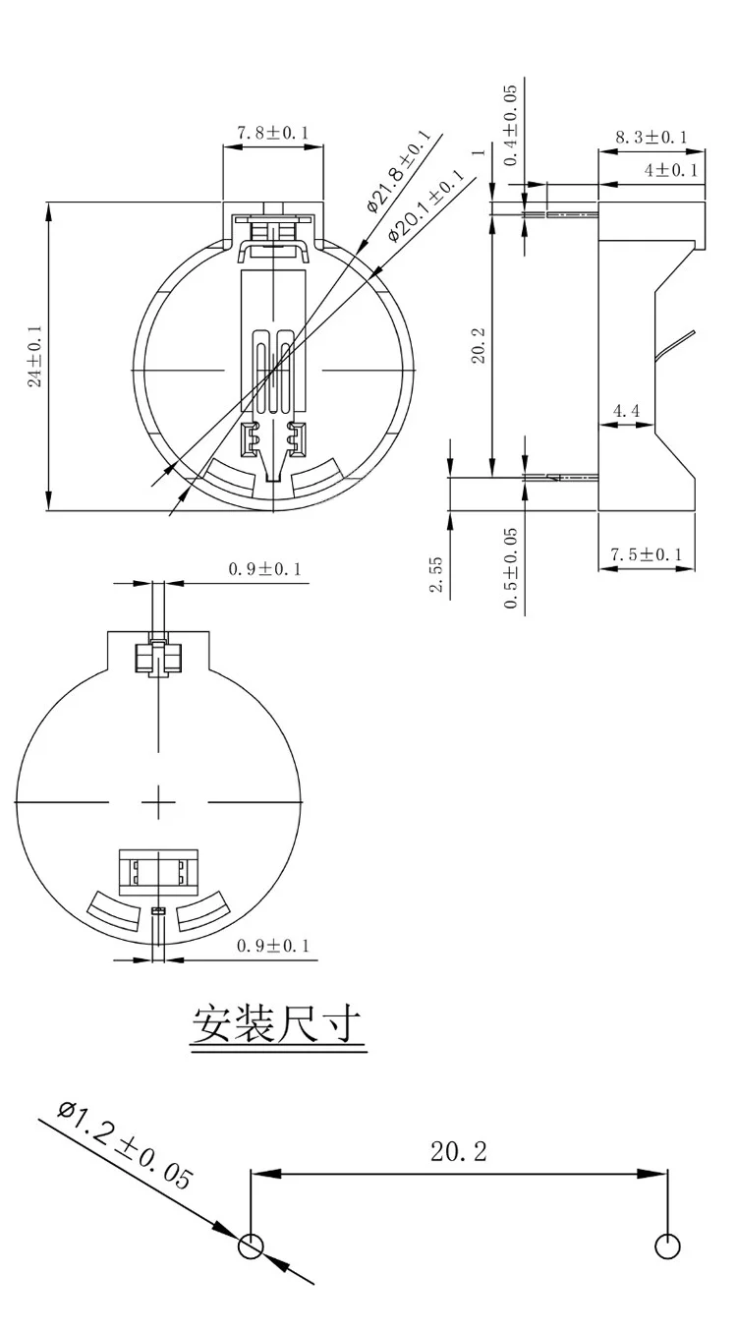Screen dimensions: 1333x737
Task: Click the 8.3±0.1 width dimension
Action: (652, 138)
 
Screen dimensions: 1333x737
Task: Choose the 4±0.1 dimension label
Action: (670, 170)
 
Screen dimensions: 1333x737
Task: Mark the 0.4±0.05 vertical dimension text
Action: (510, 125)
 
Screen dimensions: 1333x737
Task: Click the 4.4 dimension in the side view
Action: (626, 410)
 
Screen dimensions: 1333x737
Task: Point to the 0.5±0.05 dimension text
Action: (510, 567)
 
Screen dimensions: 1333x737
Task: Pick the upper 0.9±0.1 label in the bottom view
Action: (264, 568)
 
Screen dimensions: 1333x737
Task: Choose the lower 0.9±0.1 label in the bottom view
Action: (272, 946)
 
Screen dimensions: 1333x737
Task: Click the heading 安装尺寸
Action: (278, 1026)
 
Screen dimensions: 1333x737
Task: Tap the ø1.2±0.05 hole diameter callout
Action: (125, 1145)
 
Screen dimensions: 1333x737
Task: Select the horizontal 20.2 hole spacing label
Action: (458, 1152)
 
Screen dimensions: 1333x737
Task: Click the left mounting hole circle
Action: (252, 1246)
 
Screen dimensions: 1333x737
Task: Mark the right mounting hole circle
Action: (667, 1246)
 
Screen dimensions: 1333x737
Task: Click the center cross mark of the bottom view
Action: (158, 802)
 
